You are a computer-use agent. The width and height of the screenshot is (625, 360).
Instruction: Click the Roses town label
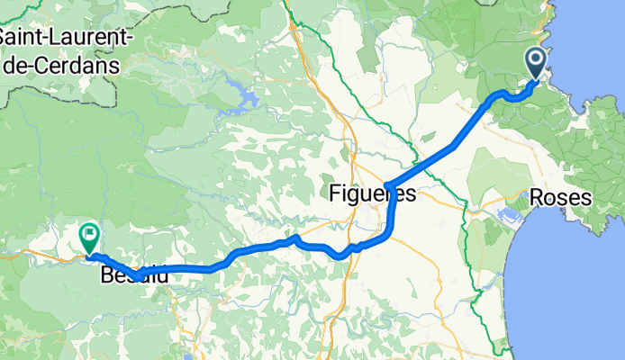(561, 197)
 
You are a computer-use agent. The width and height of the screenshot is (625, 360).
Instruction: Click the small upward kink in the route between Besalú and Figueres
(295, 238)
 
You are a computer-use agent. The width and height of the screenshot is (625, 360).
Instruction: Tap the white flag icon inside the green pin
(90, 235)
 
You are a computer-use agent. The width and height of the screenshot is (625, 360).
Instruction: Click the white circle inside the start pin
(535, 60)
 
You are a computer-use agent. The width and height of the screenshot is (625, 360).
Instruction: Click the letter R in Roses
(538, 197)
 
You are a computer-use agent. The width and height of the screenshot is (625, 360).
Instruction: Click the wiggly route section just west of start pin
(504, 96)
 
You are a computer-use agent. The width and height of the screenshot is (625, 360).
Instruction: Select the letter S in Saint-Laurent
(7, 39)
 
